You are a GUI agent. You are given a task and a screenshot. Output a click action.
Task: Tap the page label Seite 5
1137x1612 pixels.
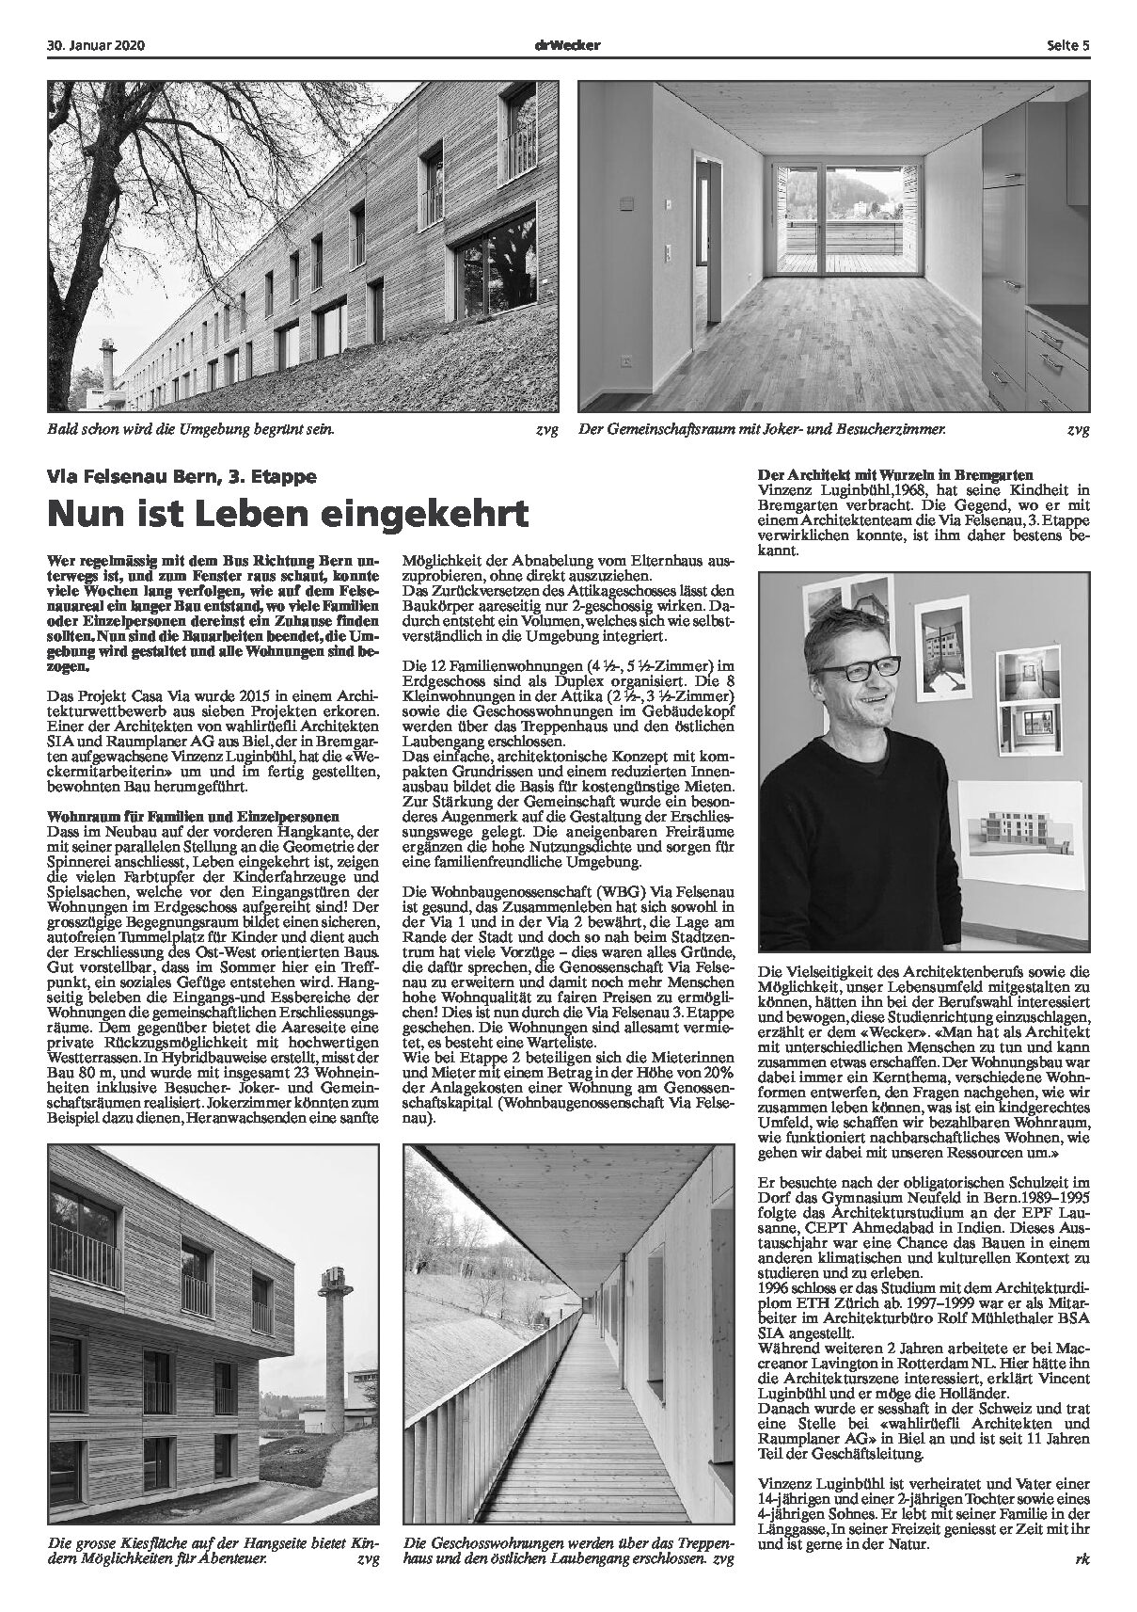[1067, 44]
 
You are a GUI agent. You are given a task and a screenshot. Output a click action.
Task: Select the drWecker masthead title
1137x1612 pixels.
[568, 44]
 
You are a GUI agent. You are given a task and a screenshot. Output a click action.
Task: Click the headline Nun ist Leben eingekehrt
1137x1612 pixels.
[288, 514]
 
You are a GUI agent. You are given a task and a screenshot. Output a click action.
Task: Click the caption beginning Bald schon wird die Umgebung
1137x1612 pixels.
[191, 430]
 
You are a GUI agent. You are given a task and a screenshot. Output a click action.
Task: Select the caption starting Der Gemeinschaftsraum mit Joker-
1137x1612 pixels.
[763, 430]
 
